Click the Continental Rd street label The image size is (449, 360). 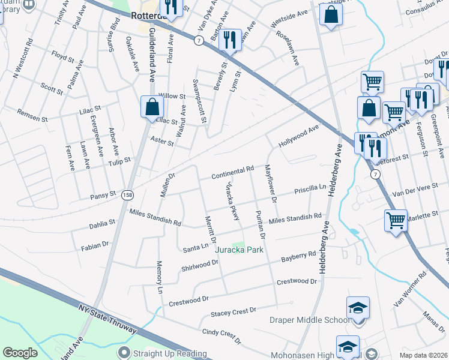tap(233, 173)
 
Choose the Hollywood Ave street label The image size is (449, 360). tap(298, 137)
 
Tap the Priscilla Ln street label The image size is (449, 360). tap(309, 191)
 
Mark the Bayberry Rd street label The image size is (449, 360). tap(298, 257)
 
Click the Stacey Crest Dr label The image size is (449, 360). tap(234, 312)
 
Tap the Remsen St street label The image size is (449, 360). tap(32, 116)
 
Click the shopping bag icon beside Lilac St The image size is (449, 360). tap(151, 107)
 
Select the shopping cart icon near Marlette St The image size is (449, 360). tap(396, 220)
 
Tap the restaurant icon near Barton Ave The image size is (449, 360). tap(229, 40)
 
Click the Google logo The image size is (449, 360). tap(20, 353)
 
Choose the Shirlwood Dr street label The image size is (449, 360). tap(199, 265)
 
